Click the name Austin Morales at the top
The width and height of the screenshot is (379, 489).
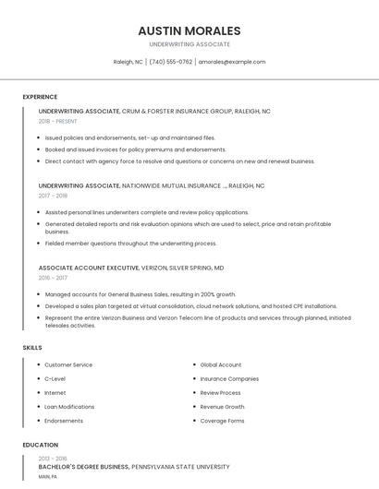[x=189, y=30]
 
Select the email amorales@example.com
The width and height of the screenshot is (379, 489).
[x=232, y=62]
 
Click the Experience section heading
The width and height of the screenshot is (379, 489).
[x=40, y=97]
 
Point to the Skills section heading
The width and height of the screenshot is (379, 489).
[x=32, y=347]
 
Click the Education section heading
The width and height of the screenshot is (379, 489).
[x=40, y=445]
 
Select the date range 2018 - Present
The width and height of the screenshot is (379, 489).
[x=57, y=121]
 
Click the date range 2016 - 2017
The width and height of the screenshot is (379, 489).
[x=53, y=278]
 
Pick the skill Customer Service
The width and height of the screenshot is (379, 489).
[x=68, y=364]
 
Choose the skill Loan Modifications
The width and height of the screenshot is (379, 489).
[x=69, y=407]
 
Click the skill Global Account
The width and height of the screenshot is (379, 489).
[x=220, y=364]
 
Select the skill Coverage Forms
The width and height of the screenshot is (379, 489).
[x=222, y=421]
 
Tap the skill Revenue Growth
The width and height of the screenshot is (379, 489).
[x=222, y=407]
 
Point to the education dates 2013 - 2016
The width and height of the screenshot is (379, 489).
[x=53, y=459]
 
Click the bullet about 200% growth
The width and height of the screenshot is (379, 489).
[x=141, y=294]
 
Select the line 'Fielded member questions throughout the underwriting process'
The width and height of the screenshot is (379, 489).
[x=130, y=244]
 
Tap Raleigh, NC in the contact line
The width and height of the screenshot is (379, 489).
[x=128, y=62]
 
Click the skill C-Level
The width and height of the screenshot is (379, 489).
[x=55, y=378]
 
